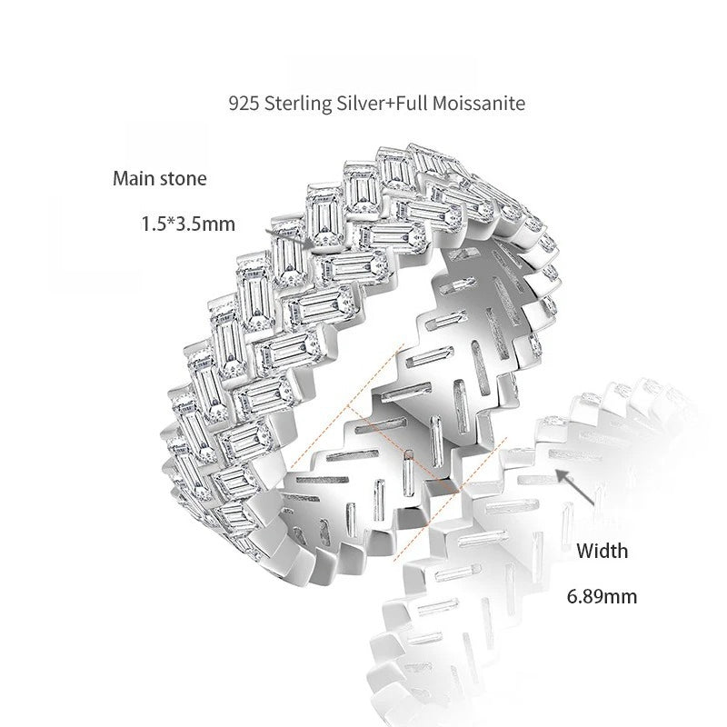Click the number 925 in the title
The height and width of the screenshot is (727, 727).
(244, 103)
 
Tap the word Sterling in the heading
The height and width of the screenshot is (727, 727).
(298, 104)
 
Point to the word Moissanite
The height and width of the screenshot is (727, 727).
(479, 103)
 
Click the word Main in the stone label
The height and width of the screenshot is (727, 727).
(134, 178)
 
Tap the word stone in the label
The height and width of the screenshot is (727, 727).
(184, 179)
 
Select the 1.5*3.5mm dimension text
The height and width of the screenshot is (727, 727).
(188, 224)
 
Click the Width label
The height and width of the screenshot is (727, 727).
(603, 551)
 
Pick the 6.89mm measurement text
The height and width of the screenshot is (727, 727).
(602, 596)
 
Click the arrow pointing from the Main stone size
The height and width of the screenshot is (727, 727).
(286, 237)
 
